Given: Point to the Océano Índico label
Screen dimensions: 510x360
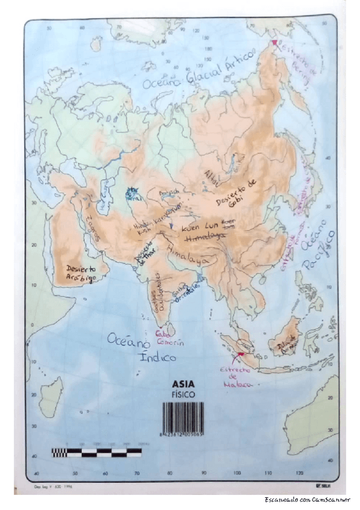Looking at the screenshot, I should pyautogui.click(x=141, y=349).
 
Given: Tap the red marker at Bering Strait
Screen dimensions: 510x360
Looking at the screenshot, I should pyautogui.click(x=274, y=43).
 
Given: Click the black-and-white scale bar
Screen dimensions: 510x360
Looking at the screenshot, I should pyautogui.click(x=96, y=452).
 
